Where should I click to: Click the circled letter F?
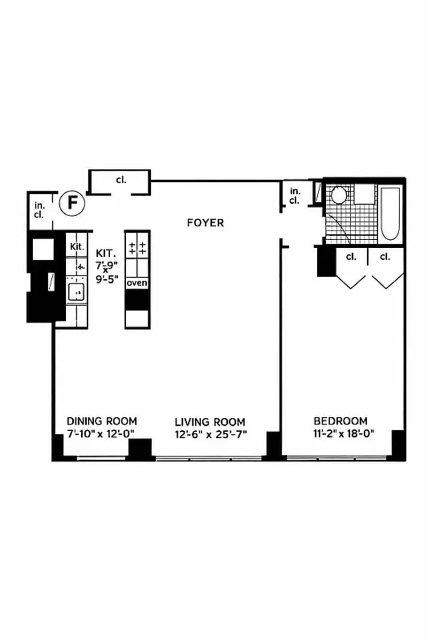coord(72,203)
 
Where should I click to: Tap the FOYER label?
coord(205,223)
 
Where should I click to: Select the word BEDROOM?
coord(341,421)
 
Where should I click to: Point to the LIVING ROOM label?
coord(210,422)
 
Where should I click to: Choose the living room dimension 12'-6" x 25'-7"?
coord(211,434)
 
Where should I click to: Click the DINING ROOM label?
coord(102,422)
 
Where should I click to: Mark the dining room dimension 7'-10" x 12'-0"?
coord(101,434)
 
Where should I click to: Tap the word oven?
coord(137,283)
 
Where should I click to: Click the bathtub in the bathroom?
coord(390,214)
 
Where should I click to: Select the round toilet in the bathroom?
coord(339,195)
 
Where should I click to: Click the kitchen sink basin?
coord(76,292)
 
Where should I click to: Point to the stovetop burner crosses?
coord(137,248)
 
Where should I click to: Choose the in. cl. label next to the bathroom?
coord(294,196)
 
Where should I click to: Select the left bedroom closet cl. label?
coord(351,257)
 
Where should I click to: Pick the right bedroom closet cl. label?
coord(385,257)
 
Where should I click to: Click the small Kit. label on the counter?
coord(78,247)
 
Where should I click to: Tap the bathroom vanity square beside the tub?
coord(365,194)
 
